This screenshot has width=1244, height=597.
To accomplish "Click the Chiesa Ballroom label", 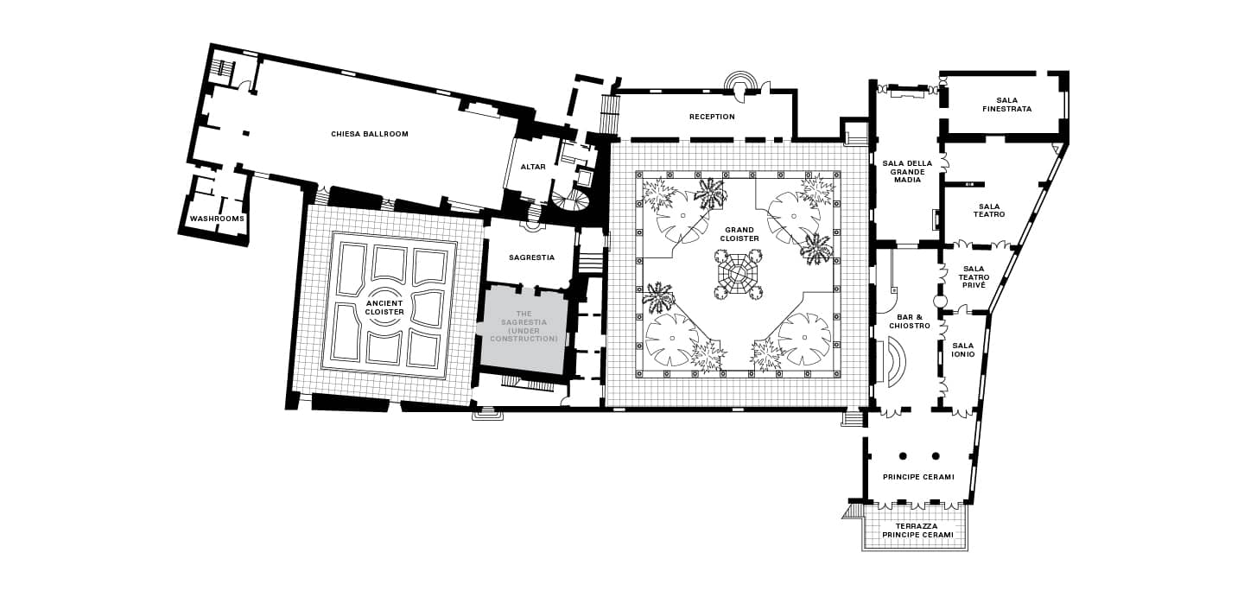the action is (370, 134).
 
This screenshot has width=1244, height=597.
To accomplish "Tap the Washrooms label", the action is (217, 219).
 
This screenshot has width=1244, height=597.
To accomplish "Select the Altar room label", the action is (532, 167).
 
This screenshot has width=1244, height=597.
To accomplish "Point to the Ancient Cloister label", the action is (384, 308).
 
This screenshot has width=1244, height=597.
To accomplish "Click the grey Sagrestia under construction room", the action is (524, 330).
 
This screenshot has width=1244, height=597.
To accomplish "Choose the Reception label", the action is (712, 117).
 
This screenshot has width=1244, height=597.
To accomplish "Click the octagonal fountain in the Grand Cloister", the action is (738, 275).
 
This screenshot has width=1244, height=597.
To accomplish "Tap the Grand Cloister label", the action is (739, 234).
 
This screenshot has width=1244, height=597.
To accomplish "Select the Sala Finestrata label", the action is (1007, 105).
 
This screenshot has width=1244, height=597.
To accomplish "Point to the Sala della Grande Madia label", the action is (907, 172).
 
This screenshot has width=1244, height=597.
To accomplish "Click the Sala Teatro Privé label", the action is (974, 276).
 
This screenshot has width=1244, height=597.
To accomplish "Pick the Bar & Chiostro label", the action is (909, 321).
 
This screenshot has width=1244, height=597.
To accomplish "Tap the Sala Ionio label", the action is (963, 350).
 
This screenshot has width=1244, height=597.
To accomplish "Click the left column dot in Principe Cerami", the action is (903, 456).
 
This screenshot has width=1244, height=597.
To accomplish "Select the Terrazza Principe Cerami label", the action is (917, 530).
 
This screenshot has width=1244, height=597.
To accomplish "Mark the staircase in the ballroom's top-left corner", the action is (223, 68).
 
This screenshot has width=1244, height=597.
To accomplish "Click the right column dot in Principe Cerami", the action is (936, 456).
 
